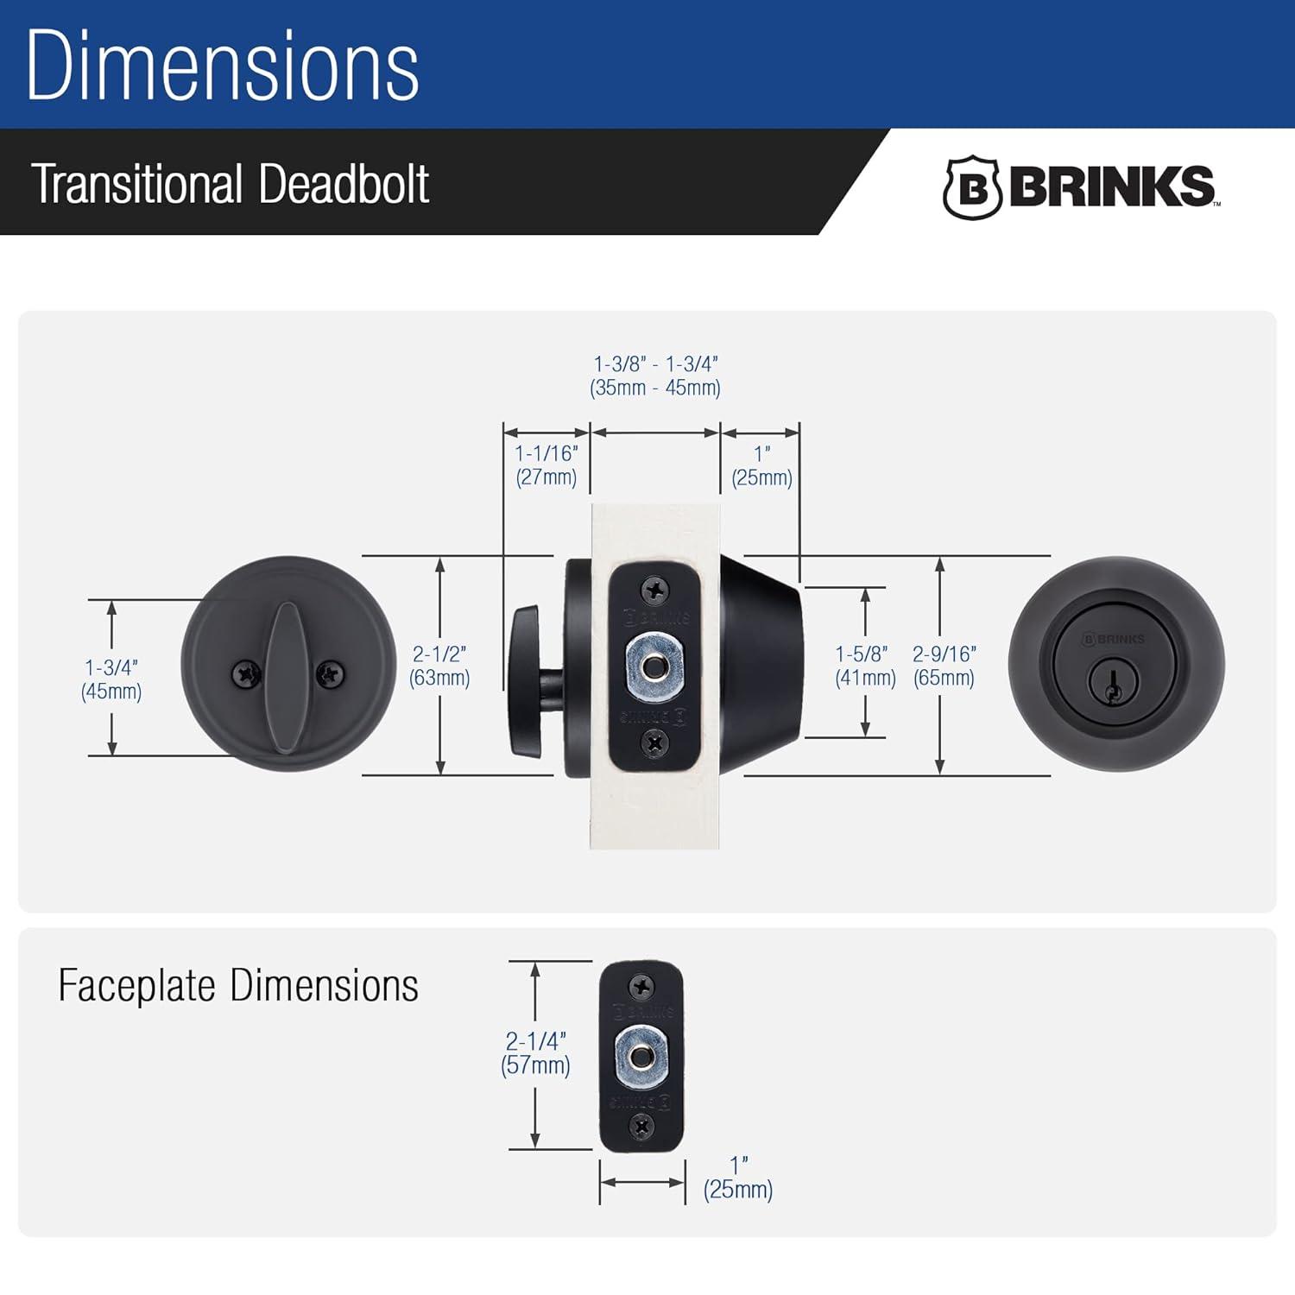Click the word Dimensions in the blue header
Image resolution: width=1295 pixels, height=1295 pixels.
[223, 66]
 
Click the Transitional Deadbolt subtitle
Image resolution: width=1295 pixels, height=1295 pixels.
[230, 184]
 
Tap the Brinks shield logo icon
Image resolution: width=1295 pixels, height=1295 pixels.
[972, 187]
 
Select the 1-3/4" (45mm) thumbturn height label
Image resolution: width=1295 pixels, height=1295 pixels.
[111, 679]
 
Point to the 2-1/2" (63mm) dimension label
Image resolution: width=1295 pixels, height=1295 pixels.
[439, 666]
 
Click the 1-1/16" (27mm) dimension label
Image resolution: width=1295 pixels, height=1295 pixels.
[546, 465]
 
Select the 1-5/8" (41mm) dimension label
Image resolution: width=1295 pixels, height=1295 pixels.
[865, 666]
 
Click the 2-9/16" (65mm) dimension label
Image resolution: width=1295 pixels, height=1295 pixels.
[944, 666]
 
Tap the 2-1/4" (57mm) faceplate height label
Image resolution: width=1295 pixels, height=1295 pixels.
[535, 1052]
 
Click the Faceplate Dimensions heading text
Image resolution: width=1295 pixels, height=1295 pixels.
[238, 986]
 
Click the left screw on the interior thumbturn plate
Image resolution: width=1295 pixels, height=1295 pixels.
[247, 674]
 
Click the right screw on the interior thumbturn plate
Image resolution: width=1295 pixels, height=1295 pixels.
[329, 674]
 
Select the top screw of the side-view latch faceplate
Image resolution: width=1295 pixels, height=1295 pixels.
[655, 591]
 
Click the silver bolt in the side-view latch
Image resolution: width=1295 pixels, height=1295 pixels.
[654, 666]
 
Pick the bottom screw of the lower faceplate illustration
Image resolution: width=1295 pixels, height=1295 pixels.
[641, 1126]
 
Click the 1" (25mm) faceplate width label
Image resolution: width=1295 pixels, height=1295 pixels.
[738, 1178]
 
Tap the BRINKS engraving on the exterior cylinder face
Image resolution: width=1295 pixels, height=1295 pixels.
[1114, 639]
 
